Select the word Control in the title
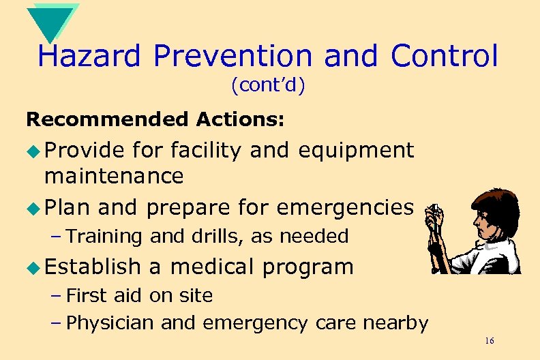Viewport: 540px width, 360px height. pyautogui.click(x=445, y=57)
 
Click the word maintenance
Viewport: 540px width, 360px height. pyautogui.click(x=114, y=177)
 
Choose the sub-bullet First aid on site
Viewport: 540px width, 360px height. pyautogui.click(x=140, y=296)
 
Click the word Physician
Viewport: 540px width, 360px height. pyautogui.click(x=111, y=322)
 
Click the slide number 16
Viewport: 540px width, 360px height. pyautogui.click(x=490, y=340)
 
